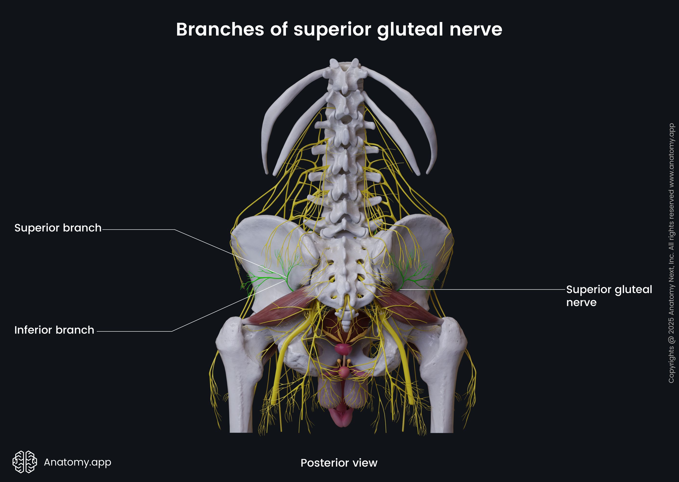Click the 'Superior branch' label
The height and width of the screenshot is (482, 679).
coord(58,228)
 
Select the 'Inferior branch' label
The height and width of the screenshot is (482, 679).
coord(54,330)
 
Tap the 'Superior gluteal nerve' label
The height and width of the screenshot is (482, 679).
coord(609,296)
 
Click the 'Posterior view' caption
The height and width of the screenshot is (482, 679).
coord(339,463)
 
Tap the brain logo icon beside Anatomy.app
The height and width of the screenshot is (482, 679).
coord(25,462)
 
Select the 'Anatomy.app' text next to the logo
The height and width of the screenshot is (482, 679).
coord(77,462)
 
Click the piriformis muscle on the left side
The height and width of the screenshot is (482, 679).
coord(279,309)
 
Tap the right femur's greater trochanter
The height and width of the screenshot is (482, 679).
coord(452,329)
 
